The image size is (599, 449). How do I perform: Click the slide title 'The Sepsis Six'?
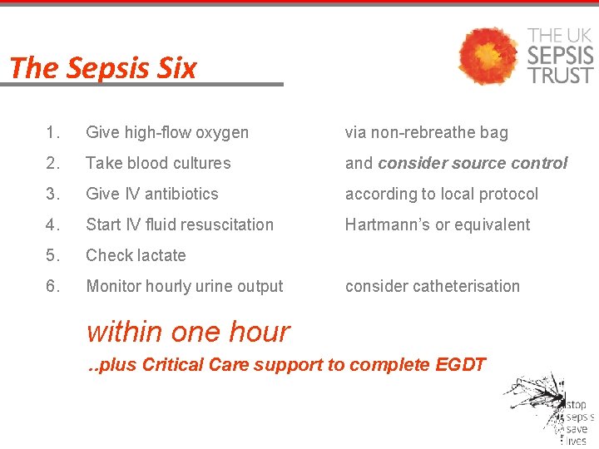pyautogui.click(x=103, y=67)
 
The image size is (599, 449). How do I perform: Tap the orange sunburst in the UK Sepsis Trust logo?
pyautogui.click(x=490, y=56)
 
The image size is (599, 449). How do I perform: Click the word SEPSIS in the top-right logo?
pyautogui.click(x=561, y=56)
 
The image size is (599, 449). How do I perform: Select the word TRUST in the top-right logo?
pyautogui.click(x=561, y=74)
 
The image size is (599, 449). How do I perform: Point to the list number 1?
pyautogui.click(x=53, y=132)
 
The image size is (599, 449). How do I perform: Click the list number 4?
pyautogui.click(x=53, y=224)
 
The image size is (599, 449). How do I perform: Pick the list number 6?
pyautogui.click(x=53, y=286)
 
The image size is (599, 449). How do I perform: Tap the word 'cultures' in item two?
pyautogui.click(x=200, y=163)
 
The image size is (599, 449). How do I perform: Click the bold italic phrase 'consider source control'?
pyautogui.click(x=473, y=163)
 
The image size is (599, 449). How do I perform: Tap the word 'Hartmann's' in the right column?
pyautogui.click(x=387, y=224)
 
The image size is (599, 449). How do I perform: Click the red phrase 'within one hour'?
pyautogui.click(x=188, y=332)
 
